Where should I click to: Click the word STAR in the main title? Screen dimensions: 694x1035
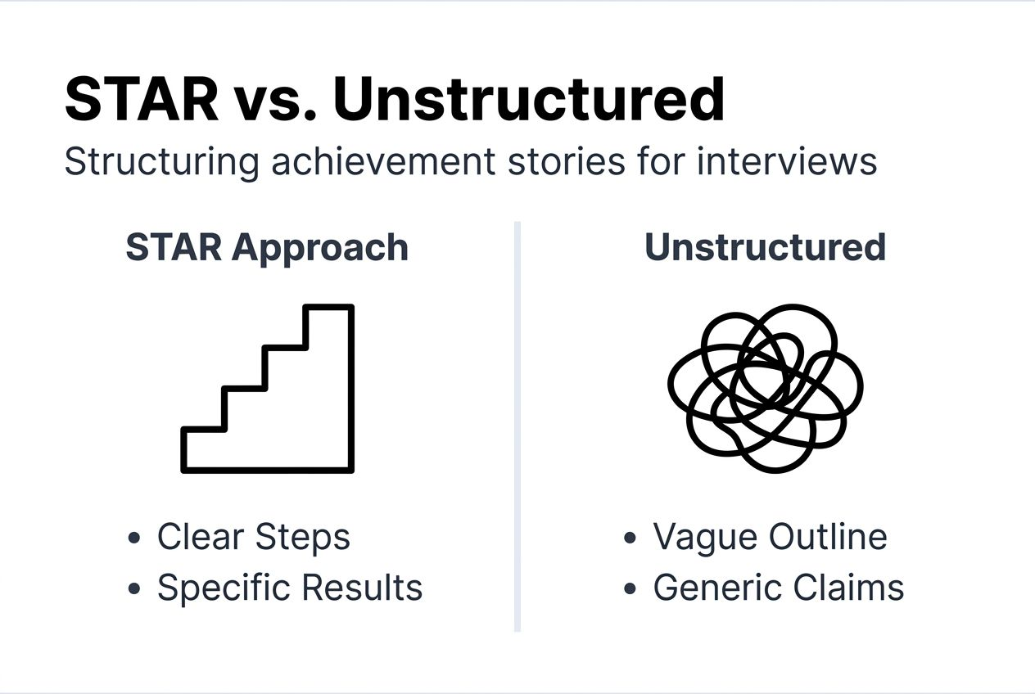pos(141,100)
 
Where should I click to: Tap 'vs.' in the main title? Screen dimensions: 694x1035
pos(275,100)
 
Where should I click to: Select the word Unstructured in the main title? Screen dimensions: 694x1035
pos(529,100)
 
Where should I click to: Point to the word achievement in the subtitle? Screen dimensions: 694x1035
pos(383,161)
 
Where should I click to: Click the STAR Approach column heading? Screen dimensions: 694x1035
pos(267,247)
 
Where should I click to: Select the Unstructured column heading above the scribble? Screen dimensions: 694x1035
pos(765,247)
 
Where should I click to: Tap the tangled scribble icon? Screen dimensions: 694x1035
pos(765,388)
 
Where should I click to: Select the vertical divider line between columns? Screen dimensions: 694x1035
pos(517,426)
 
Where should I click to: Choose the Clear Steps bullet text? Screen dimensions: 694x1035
pos(254,538)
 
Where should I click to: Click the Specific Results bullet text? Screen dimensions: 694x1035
pos(290,588)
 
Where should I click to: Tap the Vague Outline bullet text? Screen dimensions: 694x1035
pos(770,538)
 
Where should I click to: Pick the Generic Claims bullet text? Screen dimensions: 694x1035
pos(778,588)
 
